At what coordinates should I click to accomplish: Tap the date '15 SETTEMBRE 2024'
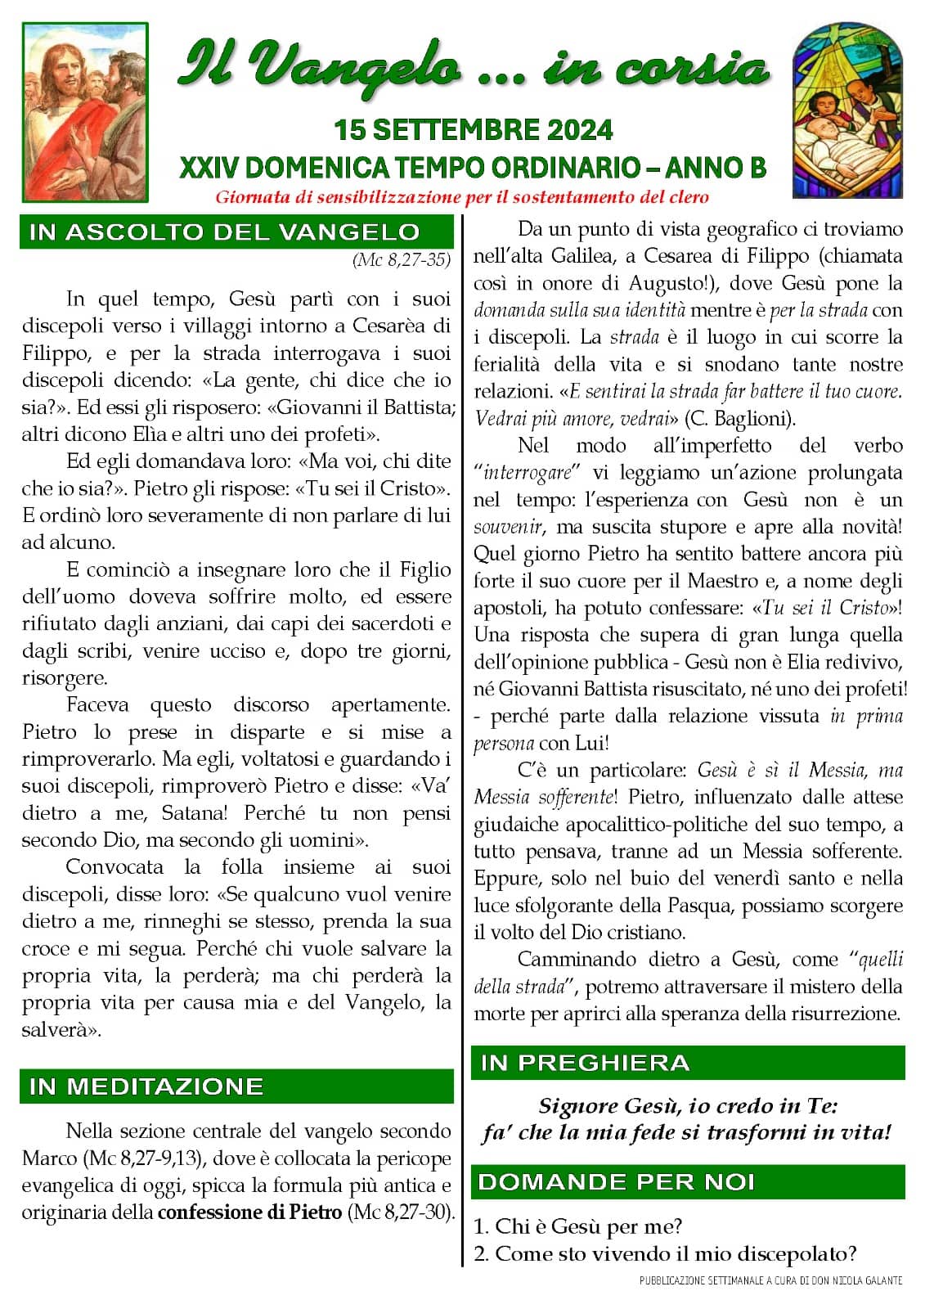pos(473,129)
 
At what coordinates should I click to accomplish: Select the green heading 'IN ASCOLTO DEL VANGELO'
pos(224,232)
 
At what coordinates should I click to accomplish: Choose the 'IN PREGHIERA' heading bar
pos(585,1063)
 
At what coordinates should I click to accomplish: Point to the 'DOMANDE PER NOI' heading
pos(616,1182)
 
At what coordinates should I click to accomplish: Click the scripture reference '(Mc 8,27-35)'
pos(402,260)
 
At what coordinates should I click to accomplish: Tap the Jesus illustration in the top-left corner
pos(85,112)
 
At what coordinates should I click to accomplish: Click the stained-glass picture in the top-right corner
pos(847,110)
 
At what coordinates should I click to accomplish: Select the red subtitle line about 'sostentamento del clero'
pos(462,197)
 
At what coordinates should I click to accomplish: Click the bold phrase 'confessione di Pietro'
pos(249,1212)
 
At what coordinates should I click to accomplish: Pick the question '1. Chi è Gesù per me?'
pos(577,1226)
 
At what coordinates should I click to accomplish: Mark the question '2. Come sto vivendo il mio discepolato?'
pos(665,1253)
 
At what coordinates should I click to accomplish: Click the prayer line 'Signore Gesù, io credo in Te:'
pos(688,1106)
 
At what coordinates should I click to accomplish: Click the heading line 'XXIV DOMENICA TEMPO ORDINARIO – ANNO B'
pos(473,168)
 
